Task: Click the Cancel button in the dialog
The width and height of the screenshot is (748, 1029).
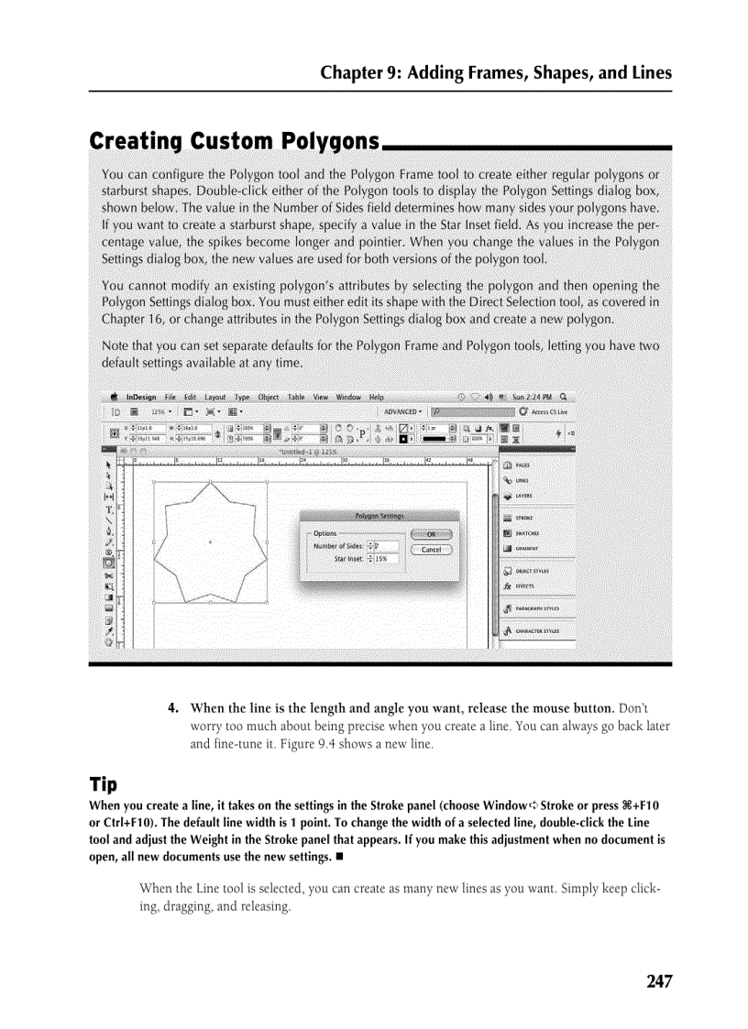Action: coord(431,550)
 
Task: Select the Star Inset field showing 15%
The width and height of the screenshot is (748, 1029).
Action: coord(380,558)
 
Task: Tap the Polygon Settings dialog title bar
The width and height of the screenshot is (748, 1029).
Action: coord(379,516)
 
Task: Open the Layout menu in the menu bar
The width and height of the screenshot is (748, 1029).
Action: coord(215,398)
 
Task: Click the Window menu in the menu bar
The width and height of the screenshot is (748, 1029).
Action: coord(348,398)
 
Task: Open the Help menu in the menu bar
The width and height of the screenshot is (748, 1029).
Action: coord(377,398)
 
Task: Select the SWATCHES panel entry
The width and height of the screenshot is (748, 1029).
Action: coord(526,533)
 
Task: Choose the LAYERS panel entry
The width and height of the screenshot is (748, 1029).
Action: coord(524,496)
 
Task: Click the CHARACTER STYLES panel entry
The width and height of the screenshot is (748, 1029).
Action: coord(537,631)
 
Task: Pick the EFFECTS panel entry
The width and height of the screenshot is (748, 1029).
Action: coord(523,586)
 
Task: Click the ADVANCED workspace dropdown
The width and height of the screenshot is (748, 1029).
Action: coord(403,412)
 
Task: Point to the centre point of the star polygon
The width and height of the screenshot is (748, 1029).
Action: coord(210,542)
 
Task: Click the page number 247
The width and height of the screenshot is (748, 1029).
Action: coord(659,981)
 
